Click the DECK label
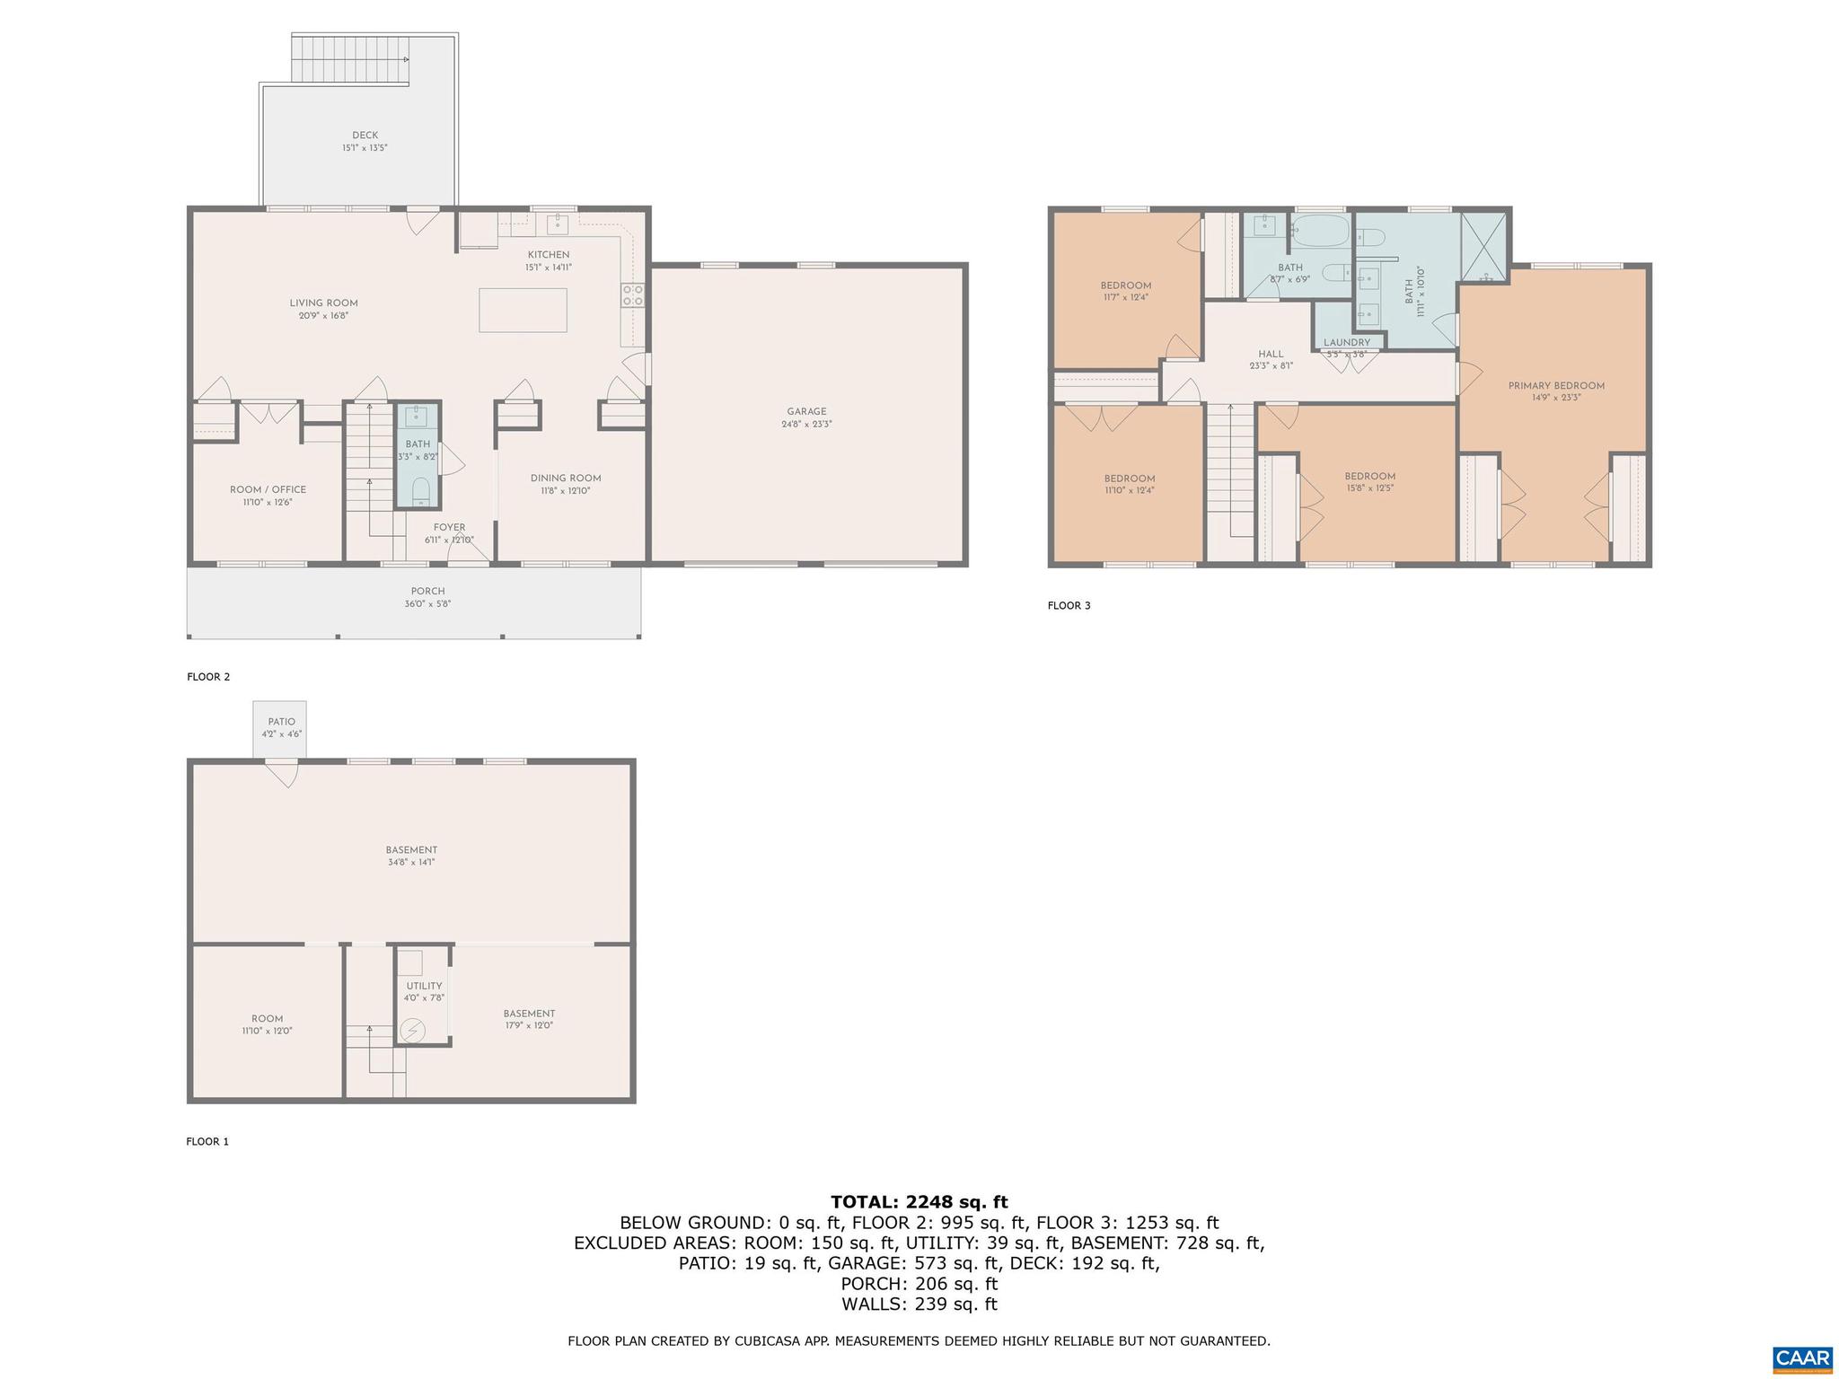pos(365,136)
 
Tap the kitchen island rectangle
pos(523,310)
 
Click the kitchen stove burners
pos(632,295)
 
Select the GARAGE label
pos(806,412)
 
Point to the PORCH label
pos(428,592)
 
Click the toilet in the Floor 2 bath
pos(419,491)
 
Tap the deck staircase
pos(351,59)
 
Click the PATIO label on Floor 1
pos(281,722)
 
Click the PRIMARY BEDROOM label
pos(1556,386)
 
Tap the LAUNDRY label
pos(1347,343)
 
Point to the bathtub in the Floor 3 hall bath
pos(1320,233)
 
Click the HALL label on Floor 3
pos(1271,355)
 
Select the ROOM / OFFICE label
pos(268,490)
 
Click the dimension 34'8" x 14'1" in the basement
pos(411,862)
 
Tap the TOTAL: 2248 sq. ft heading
pos(919,1202)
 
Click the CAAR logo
pos(1802,1357)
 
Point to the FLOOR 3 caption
pos(1069,606)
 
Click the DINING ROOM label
pos(566,479)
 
